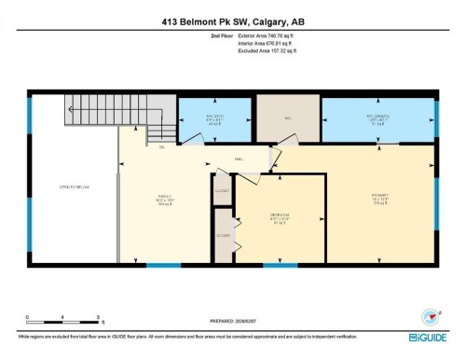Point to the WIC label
coord(288,118)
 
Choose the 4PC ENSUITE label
coord(377,118)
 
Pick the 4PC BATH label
coord(214,118)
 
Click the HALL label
coord(239,159)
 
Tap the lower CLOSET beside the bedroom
coord(223,235)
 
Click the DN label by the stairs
coord(162,147)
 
